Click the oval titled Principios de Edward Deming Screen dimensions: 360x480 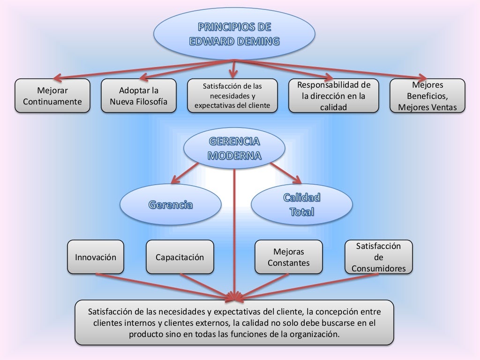point(234,33)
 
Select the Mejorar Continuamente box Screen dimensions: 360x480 point(52,96)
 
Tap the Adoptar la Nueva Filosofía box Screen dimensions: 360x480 point(139,96)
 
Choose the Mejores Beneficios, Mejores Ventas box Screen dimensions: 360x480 point(427,96)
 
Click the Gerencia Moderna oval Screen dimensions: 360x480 point(234,149)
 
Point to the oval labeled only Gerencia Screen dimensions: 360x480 point(171,205)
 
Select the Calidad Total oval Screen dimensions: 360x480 point(301,204)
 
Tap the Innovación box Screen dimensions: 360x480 point(96,257)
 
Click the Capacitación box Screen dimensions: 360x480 point(180,257)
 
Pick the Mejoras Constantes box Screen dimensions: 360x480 point(289,257)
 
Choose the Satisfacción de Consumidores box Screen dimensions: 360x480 point(379,257)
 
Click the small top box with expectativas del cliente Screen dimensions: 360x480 point(232,96)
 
